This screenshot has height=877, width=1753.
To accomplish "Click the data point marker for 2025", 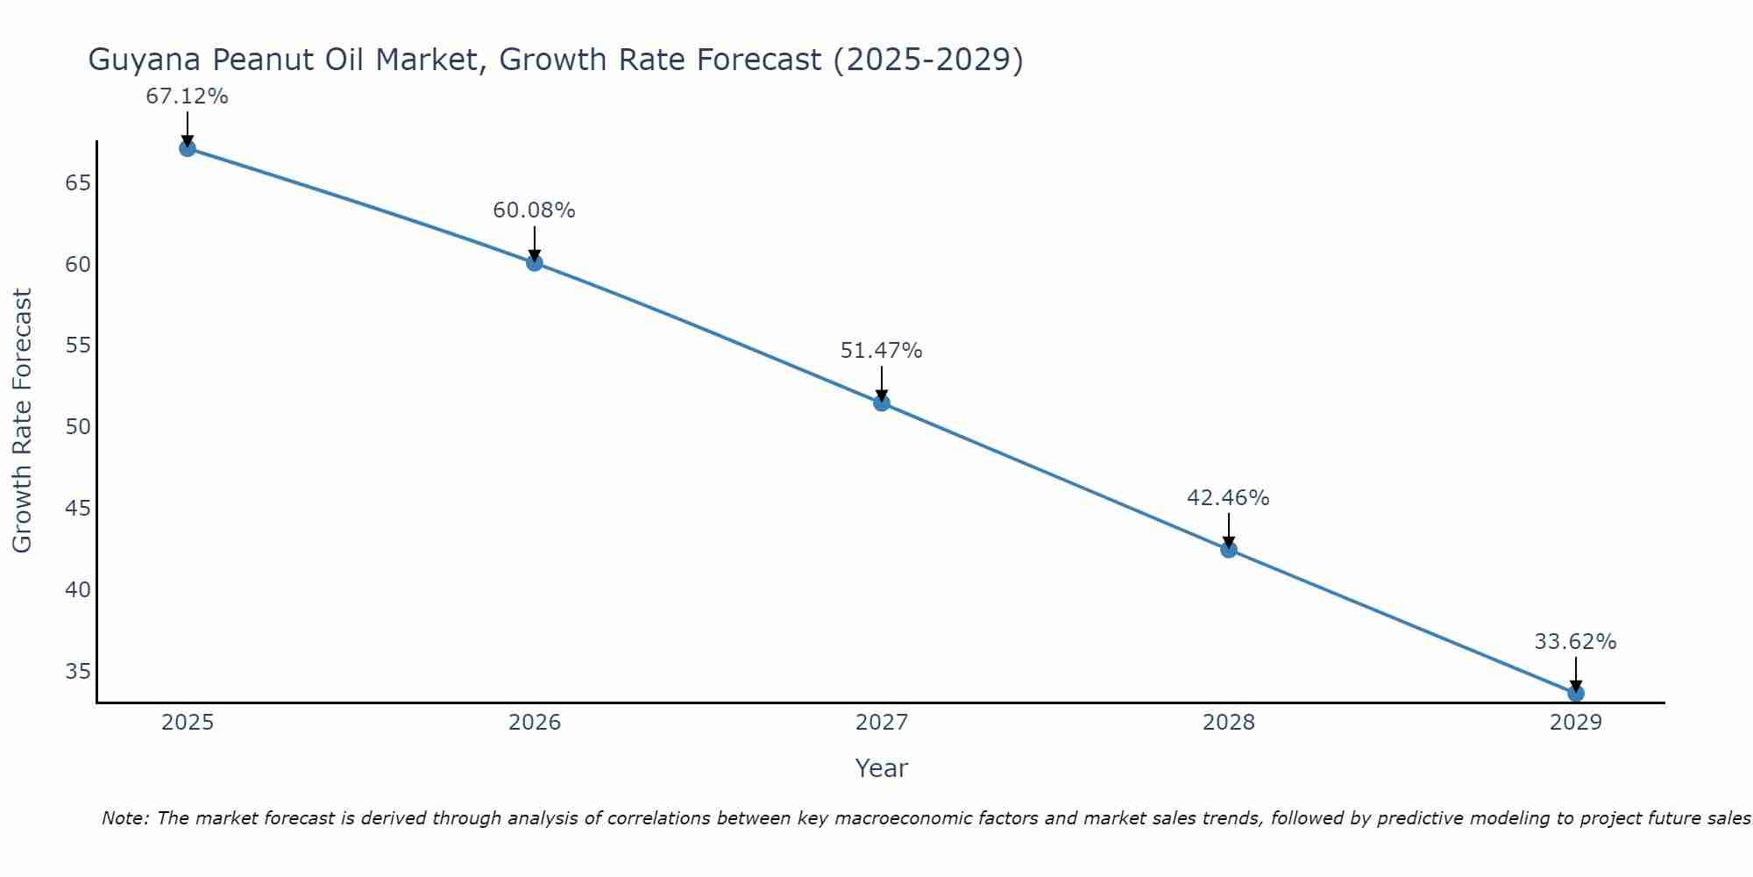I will coord(187,148).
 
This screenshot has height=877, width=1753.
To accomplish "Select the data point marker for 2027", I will coord(882,403).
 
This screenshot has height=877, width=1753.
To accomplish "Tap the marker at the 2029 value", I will coord(1575,693).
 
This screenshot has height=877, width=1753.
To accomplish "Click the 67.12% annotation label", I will coord(187,96).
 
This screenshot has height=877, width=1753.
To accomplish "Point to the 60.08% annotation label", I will coord(534,210).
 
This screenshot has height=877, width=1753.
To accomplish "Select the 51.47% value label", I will coord(881,351).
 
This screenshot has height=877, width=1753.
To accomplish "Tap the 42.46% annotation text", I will coord(1228,498).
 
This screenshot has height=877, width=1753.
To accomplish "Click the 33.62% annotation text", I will coord(1575,642).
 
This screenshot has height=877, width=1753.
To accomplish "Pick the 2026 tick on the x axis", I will coord(535,723).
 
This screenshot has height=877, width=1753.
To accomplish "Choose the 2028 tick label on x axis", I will coord(1229,723).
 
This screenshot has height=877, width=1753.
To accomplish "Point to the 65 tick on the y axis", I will coord(78,183).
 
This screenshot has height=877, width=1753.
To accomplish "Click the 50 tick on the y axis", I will coord(78,427).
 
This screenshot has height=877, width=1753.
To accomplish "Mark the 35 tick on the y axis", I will coord(78,672).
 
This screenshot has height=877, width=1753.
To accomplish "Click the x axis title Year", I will coord(881,768).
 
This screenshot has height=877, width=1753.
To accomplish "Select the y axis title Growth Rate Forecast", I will coord(23,421).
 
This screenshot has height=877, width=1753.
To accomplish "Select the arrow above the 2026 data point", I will coord(535,242).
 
